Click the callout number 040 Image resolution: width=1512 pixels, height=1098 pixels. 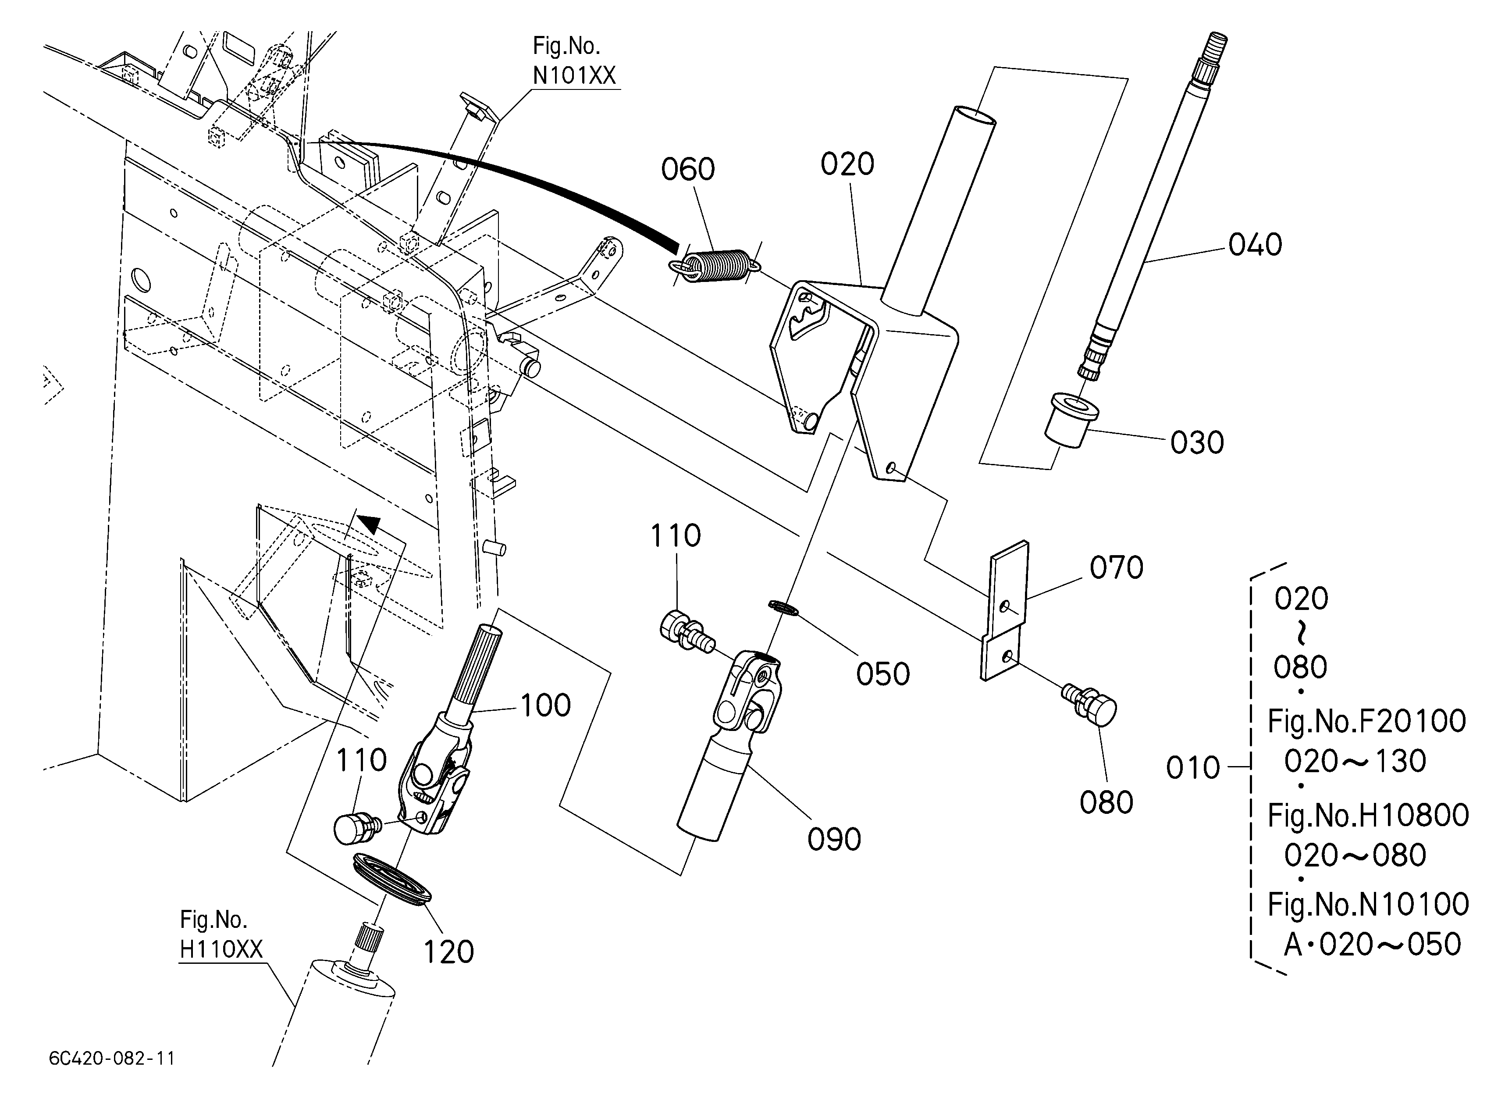click(1256, 245)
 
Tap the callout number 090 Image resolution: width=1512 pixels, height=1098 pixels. click(834, 839)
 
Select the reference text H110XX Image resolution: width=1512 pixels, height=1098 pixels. click(221, 949)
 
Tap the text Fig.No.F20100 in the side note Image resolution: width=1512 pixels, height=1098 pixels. click(1366, 720)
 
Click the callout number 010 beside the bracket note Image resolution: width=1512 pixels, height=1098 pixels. click(1193, 768)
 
